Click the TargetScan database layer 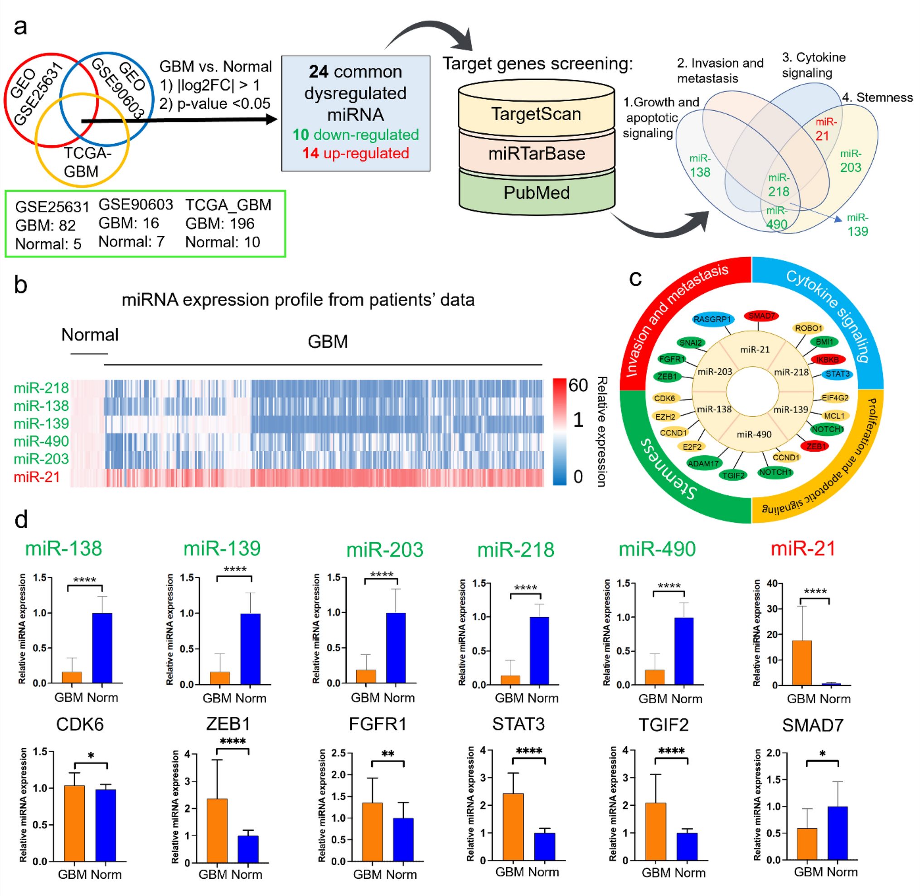[x=536, y=114]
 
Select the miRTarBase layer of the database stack [x=536, y=153]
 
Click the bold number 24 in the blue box [x=319, y=72]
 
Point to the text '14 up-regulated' [x=355, y=153]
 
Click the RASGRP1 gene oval [x=712, y=319]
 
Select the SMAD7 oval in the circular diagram [x=761, y=316]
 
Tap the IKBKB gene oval [x=828, y=360]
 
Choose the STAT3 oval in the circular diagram [x=837, y=374]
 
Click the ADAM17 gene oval [x=703, y=463]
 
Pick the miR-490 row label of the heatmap [x=41, y=441]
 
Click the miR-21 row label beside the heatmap [x=37, y=477]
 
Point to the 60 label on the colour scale [x=578, y=385]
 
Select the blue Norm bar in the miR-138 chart [x=102, y=648]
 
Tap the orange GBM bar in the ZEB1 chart [x=217, y=831]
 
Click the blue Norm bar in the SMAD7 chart [x=837, y=833]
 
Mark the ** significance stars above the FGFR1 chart [x=387, y=754]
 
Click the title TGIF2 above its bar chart [x=663, y=725]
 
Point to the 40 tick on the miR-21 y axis [x=772, y=584]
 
